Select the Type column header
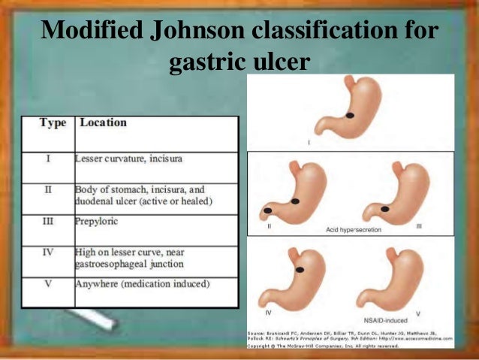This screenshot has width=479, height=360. (53, 123)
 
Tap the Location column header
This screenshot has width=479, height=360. (103, 123)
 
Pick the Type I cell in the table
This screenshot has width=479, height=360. (47, 159)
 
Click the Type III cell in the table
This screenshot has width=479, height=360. (47, 222)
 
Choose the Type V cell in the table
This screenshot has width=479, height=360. (47, 284)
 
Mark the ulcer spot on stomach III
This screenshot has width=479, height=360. (384, 208)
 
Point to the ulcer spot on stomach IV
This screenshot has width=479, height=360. (300, 269)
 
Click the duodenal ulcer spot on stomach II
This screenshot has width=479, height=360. (269, 211)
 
